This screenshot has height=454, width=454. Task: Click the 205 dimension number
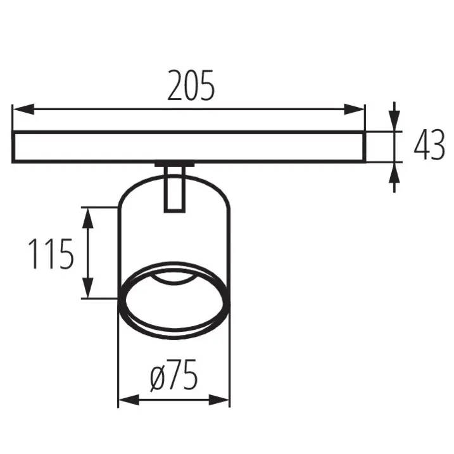[x=191, y=85]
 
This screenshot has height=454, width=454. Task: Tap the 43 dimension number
[x=429, y=144]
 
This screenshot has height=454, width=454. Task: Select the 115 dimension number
[x=51, y=254]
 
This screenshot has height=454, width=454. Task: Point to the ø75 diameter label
[x=174, y=375]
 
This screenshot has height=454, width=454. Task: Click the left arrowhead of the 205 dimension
[x=23, y=109]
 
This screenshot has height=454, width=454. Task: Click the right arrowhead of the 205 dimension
[x=354, y=109]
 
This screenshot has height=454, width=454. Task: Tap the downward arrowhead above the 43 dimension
[x=394, y=121]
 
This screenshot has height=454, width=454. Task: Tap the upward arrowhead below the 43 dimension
[x=394, y=173]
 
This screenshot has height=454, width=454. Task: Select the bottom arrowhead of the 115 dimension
[x=88, y=287]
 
